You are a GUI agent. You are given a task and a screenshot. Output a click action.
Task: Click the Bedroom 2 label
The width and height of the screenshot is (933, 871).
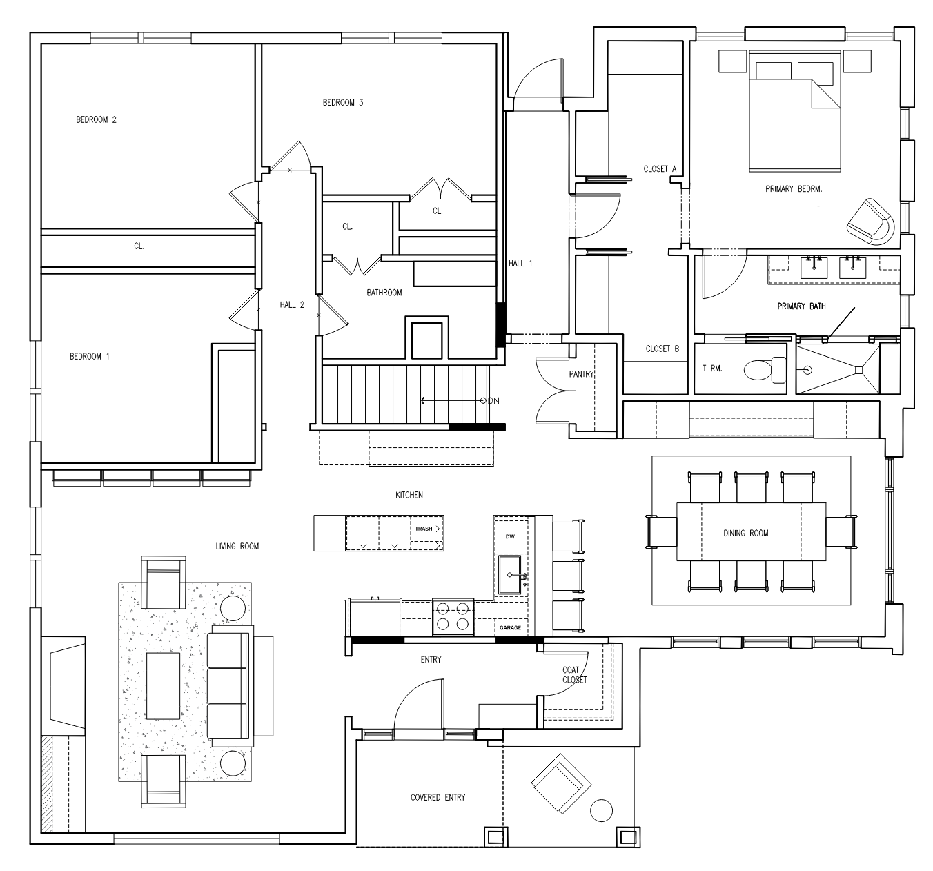[x=96, y=120]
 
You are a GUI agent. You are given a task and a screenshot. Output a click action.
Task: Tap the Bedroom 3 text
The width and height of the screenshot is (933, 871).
[x=342, y=102]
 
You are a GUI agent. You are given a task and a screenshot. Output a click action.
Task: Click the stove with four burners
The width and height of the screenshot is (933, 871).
[x=453, y=617]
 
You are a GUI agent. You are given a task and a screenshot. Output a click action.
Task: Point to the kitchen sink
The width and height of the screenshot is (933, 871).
[x=510, y=575]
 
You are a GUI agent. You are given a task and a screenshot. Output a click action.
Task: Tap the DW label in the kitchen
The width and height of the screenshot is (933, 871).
[x=510, y=536]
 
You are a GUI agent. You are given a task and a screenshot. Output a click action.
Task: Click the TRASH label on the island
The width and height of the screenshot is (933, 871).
[x=423, y=529]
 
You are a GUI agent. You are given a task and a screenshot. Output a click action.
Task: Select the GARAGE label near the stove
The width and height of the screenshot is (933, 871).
[x=510, y=627]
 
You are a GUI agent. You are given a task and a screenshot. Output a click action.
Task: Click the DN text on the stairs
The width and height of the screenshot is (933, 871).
[x=493, y=401]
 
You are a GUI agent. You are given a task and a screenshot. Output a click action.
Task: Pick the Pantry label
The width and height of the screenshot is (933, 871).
[x=582, y=374]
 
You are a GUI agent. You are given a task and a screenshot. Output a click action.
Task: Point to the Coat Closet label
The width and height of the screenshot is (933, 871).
[x=575, y=675]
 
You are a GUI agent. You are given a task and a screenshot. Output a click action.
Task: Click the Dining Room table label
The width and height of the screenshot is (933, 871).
[x=745, y=533]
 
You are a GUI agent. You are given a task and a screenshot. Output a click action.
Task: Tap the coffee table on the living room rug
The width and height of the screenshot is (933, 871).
[x=164, y=686]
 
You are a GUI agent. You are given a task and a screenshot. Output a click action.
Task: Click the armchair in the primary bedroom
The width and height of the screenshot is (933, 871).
[x=870, y=222]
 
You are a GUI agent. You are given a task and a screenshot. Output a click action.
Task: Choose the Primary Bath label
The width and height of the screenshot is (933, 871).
[x=801, y=306]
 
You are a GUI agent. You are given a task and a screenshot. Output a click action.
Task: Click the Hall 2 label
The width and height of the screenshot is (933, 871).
[x=292, y=305]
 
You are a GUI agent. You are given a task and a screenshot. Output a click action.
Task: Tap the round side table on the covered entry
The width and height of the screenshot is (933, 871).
[x=601, y=811]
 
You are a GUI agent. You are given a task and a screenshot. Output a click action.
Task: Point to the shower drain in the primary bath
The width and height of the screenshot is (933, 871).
[x=858, y=371]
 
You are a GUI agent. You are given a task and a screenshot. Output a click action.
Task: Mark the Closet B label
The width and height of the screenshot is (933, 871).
[x=662, y=349]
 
